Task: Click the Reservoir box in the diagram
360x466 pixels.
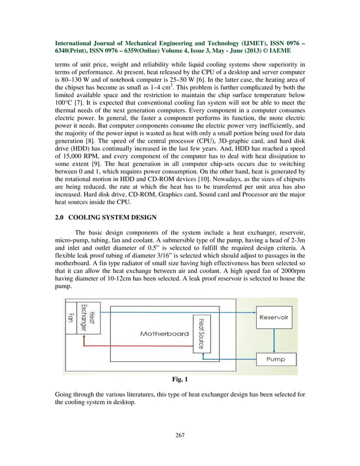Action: [x=274, y=318]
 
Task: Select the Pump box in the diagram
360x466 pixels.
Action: [x=274, y=359]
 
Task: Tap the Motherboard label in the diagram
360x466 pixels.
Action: [x=164, y=333]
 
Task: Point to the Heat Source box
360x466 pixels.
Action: [x=200, y=332]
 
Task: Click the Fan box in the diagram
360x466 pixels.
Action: [x=71, y=322]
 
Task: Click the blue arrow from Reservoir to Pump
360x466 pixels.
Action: [x=274, y=338]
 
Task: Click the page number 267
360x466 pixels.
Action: [x=180, y=435]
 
